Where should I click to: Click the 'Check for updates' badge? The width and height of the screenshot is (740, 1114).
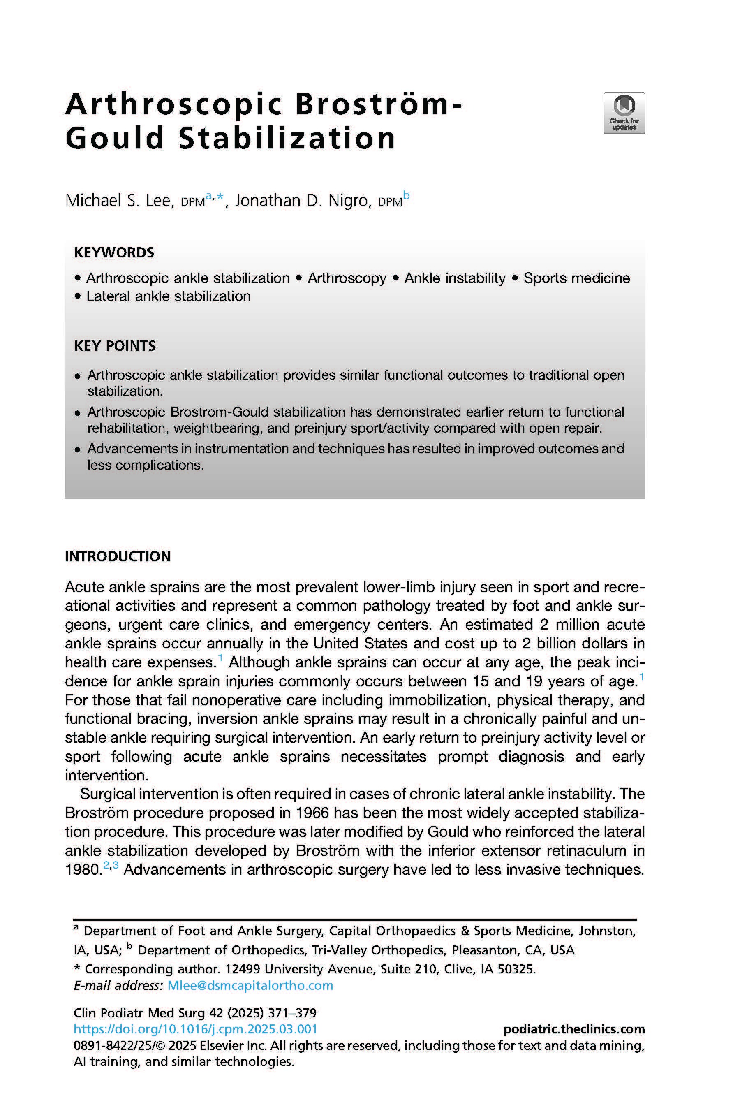(x=624, y=113)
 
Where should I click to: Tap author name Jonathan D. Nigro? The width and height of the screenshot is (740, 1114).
(x=302, y=201)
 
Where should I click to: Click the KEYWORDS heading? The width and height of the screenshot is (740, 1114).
(x=114, y=252)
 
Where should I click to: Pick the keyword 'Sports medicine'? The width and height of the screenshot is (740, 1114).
(x=576, y=278)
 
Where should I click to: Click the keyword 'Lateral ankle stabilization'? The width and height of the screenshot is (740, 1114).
(x=168, y=296)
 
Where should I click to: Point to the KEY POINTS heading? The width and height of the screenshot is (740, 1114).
(x=115, y=346)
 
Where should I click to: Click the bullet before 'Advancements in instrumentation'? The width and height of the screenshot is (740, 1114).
(x=78, y=449)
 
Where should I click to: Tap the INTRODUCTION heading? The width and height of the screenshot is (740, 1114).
(x=118, y=556)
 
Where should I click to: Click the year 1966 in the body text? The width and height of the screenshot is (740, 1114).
(x=312, y=813)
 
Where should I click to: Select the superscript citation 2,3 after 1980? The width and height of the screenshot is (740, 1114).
(x=111, y=865)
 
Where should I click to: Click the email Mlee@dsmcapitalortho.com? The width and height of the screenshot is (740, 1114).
(x=250, y=986)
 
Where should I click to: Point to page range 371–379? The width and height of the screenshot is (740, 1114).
(x=292, y=1013)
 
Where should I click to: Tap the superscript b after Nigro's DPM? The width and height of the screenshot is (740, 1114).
(x=406, y=196)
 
